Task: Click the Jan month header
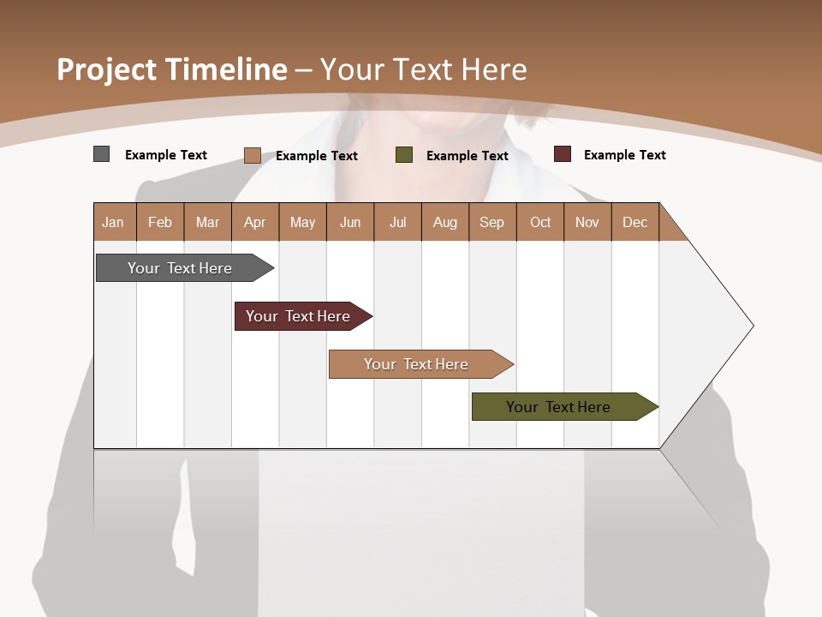114,222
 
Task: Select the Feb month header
160,222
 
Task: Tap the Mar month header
207,222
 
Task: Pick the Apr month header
255,222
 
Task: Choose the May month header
302,222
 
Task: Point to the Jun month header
350,222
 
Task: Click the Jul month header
397,222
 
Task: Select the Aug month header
445,222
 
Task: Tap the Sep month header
492,222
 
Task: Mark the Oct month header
540,222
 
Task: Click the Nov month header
587,222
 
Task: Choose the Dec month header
635,222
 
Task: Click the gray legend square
102,154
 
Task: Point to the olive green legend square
404,155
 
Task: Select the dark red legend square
563,154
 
